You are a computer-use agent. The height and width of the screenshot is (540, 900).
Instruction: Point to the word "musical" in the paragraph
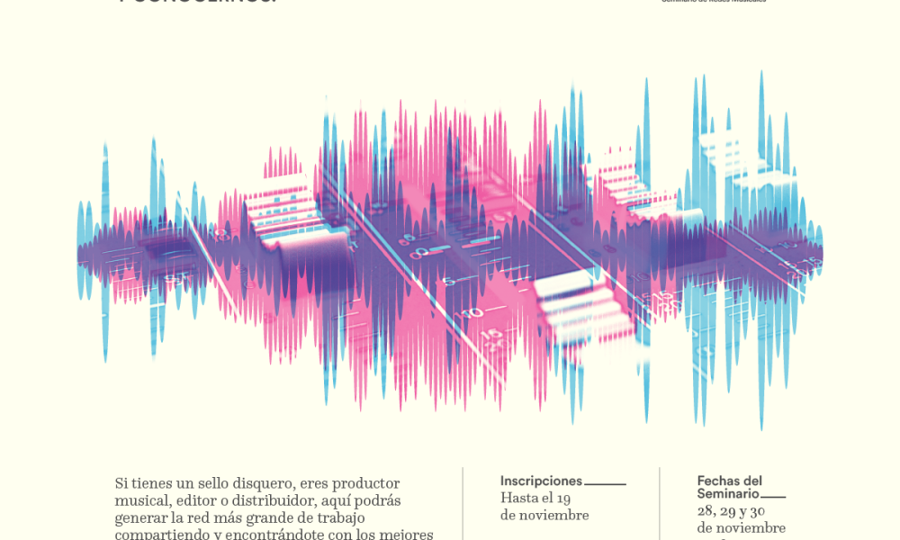[x=140, y=500]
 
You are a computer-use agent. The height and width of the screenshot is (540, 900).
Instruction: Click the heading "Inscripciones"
[x=541, y=481]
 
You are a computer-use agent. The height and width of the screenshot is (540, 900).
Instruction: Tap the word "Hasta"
[x=519, y=499]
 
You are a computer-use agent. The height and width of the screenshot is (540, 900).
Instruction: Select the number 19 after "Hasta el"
[x=562, y=499]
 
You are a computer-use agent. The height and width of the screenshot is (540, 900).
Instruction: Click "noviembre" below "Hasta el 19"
[x=554, y=516]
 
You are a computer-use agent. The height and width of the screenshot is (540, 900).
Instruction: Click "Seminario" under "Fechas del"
[x=728, y=494]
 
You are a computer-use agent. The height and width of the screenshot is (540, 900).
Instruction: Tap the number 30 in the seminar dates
[x=757, y=511]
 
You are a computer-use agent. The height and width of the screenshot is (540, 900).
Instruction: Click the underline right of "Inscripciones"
[x=605, y=484]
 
